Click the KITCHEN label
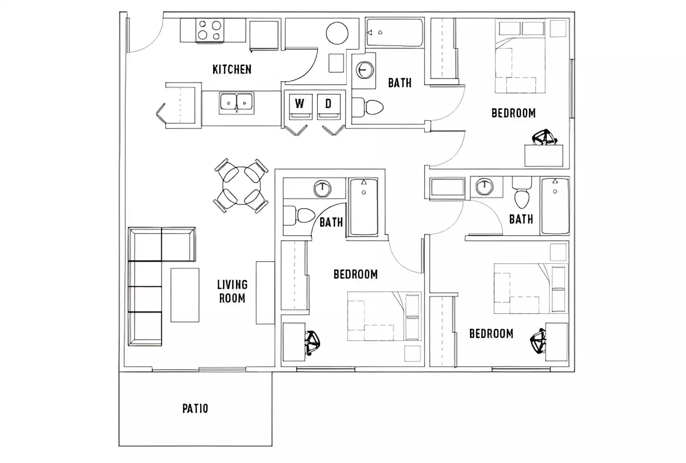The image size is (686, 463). click(x=232, y=69)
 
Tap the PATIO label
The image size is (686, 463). click(x=195, y=408)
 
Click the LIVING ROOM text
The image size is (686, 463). click(x=232, y=291)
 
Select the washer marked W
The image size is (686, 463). click(x=299, y=106)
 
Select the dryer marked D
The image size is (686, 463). click(x=328, y=106)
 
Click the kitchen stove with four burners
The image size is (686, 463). click(x=209, y=30)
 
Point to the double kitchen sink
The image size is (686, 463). click(x=236, y=102)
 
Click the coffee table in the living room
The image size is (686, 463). click(x=185, y=295)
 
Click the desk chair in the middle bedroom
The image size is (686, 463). click(x=313, y=343)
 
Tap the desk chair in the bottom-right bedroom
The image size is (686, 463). click(x=538, y=342)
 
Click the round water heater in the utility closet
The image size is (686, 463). click(x=337, y=34)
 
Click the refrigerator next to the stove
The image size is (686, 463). click(x=264, y=35)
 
